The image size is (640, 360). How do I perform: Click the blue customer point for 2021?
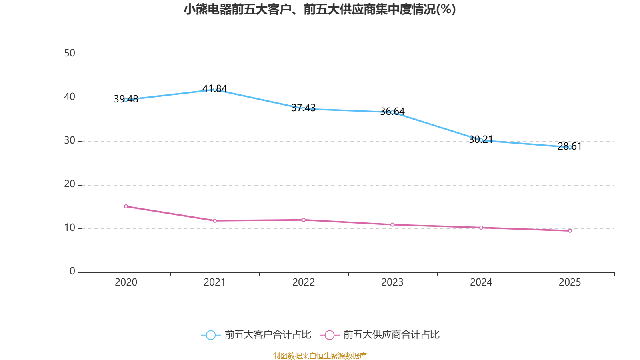[215, 90]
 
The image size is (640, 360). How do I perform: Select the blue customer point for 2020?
[126, 100]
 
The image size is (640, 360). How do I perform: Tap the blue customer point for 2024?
[481, 140]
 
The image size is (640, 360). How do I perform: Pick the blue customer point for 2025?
[570, 147]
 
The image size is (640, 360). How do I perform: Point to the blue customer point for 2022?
[304, 109]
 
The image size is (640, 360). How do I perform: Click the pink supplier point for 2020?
[126, 206]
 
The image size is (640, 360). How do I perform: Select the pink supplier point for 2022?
[304, 220]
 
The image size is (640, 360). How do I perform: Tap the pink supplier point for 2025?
[570, 231]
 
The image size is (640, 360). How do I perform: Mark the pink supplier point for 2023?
[392, 225]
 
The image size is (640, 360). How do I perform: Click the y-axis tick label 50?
[70, 53]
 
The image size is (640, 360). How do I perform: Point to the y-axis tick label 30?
[70, 140]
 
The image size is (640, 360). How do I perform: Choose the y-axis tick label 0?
[72, 271]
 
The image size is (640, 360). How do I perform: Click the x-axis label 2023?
[392, 282]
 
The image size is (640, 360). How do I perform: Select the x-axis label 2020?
[126, 282]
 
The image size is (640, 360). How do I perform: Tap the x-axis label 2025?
[570, 282]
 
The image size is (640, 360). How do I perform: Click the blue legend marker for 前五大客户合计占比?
[210, 335]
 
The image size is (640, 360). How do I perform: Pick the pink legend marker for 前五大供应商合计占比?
[329, 335]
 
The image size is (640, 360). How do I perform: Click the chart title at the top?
[320, 9]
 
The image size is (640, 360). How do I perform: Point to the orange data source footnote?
[320, 356]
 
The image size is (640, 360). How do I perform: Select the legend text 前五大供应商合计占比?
[391, 335]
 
